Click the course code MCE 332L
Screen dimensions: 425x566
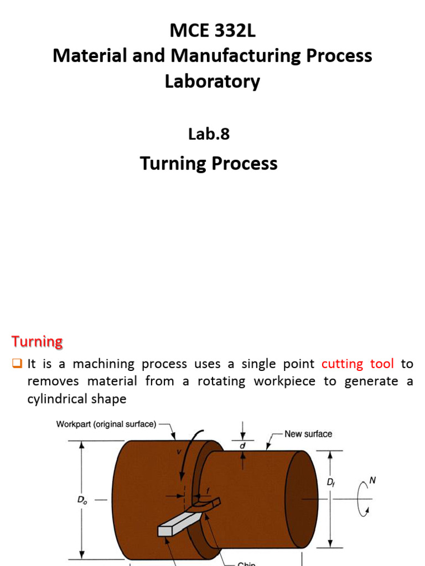212,32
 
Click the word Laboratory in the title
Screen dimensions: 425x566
212,81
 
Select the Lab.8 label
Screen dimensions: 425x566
209,133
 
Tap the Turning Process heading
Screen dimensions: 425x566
209,163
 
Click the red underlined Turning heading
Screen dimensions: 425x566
37,341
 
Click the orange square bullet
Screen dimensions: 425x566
16,364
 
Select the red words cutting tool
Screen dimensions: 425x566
357,364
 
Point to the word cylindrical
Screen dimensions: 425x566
60,399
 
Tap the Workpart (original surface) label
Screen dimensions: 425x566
106,424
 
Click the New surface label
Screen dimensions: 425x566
308,434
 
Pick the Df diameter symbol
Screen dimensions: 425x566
330,483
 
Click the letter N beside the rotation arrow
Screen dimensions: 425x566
372,481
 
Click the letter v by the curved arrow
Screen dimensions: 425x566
178,452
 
